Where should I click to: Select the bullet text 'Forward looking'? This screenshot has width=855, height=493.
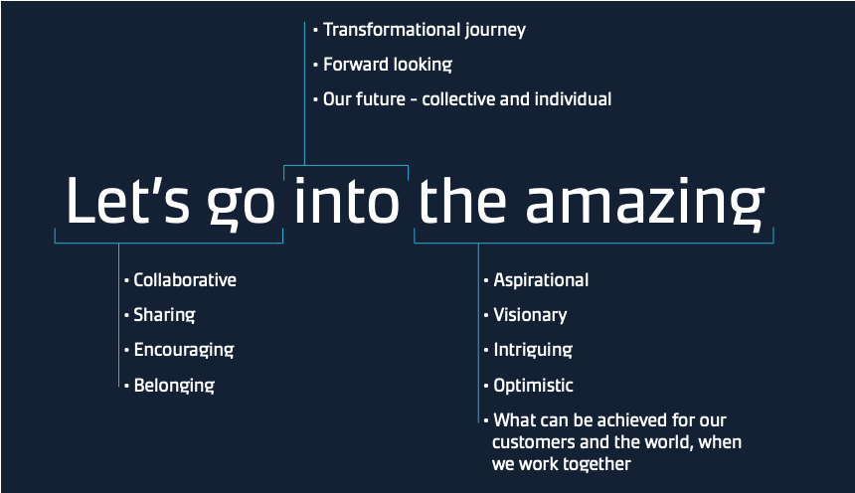(x=388, y=65)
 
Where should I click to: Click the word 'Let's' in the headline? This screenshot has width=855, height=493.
(x=127, y=200)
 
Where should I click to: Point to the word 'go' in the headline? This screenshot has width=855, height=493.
(x=241, y=206)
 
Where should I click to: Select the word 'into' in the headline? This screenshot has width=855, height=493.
(x=347, y=200)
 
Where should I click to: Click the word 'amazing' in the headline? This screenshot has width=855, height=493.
(x=644, y=204)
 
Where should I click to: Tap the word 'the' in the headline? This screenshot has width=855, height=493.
(x=462, y=200)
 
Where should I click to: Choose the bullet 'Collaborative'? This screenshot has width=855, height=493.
(x=185, y=279)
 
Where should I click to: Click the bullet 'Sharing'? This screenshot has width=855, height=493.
(x=164, y=316)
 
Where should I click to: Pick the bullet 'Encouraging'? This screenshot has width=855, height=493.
(x=184, y=351)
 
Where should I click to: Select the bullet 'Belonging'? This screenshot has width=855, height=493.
(x=174, y=386)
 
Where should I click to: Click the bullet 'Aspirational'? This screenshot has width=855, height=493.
(x=541, y=281)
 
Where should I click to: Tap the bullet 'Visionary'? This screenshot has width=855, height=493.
(x=530, y=316)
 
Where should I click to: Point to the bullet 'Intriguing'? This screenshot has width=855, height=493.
(x=533, y=351)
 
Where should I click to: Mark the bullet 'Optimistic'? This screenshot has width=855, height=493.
(x=533, y=386)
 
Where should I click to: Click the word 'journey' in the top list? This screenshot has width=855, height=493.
(x=495, y=31)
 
